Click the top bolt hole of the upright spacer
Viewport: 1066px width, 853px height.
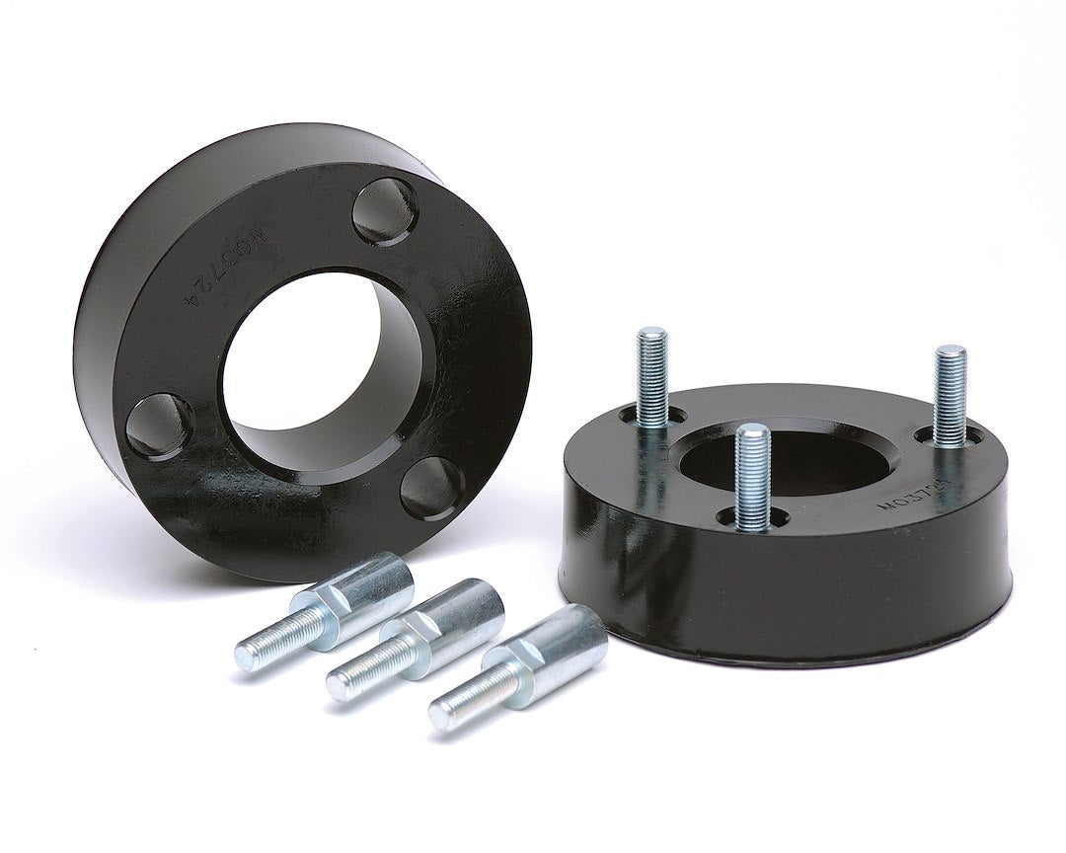(386, 211)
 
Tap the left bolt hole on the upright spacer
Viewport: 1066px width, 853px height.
(159, 426)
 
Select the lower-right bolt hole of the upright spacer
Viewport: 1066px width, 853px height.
(431, 488)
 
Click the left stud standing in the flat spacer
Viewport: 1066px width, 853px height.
(651, 380)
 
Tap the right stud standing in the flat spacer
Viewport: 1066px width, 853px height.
(950, 395)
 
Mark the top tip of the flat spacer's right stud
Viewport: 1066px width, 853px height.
(951, 350)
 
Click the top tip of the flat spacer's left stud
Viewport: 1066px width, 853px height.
(651, 334)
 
